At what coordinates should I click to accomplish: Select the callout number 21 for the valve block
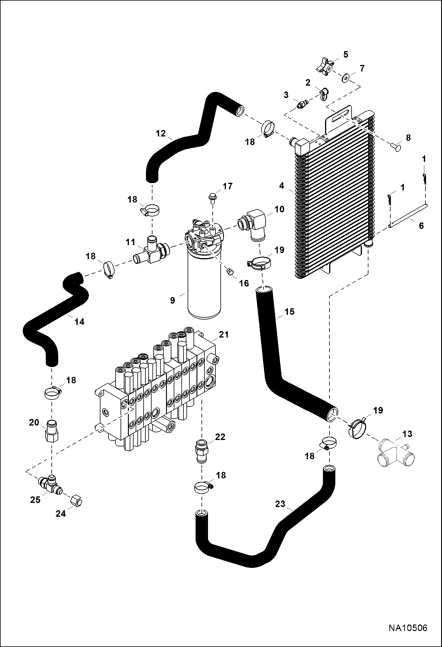pos(224,335)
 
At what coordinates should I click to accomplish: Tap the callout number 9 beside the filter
pos(173,300)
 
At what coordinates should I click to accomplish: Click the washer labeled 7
pos(345,79)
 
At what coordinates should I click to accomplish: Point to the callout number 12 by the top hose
pos(161,133)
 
